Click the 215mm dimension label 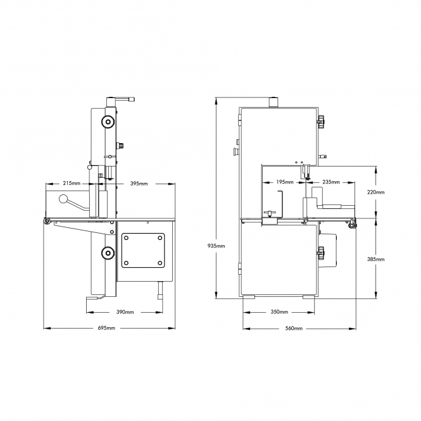pos(72,184)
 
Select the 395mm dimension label pos(139,184)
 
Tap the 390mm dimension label pos(125,312)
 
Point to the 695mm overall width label pos(106,328)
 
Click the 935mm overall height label pos(216,246)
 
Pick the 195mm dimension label pos(285,182)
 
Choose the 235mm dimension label pos(331,182)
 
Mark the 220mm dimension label pos(375,192)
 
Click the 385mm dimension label pos(375,260)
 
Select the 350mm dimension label pos(279,312)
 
